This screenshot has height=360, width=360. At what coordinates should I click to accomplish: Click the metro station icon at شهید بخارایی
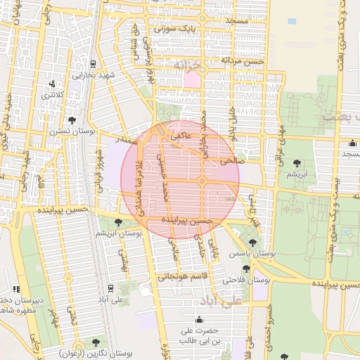[x=93, y=64]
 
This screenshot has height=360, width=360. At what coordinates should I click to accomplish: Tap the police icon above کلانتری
[x=52, y=84]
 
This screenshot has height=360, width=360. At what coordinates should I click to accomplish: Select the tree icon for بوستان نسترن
[x=72, y=120]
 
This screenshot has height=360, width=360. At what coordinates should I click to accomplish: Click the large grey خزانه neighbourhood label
[x=187, y=65]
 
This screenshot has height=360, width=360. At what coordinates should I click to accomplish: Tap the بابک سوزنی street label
[x=172, y=30]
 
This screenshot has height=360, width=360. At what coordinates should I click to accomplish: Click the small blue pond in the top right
[x=292, y=21]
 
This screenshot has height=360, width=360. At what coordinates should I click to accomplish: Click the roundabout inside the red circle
[x=202, y=181]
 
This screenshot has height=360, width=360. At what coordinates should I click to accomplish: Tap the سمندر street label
[x=126, y=141]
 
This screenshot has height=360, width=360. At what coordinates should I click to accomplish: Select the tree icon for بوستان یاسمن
[x=252, y=243]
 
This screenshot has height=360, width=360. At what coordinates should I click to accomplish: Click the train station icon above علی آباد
[x=112, y=288]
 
